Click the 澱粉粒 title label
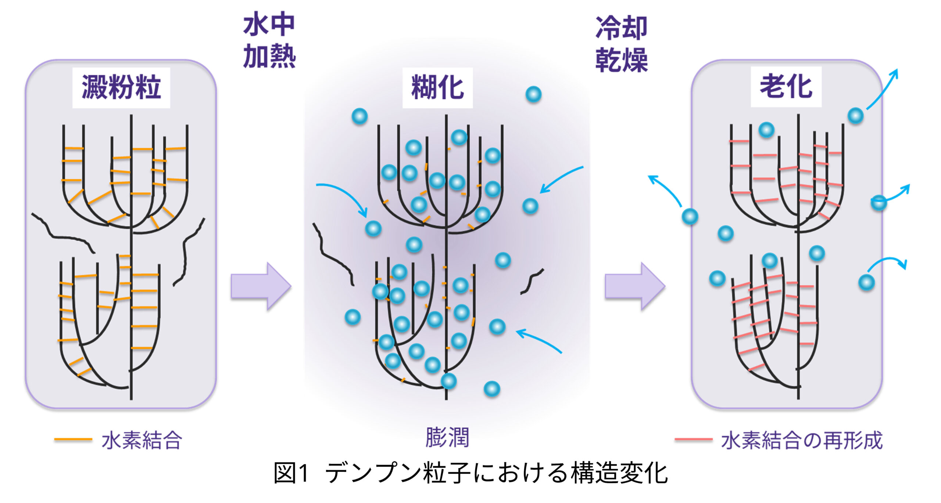click(x=121, y=87)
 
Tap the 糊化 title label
click(x=437, y=87)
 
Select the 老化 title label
click(x=786, y=87)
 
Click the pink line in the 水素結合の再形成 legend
click(x=693, y=439)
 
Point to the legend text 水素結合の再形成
click(x=801, y=440)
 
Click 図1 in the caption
click(x=290, y=473)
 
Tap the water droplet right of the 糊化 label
click(x=533, y=94)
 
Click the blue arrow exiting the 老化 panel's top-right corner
click(x=882, y=90)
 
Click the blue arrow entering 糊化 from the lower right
click(x=539, y=341)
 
